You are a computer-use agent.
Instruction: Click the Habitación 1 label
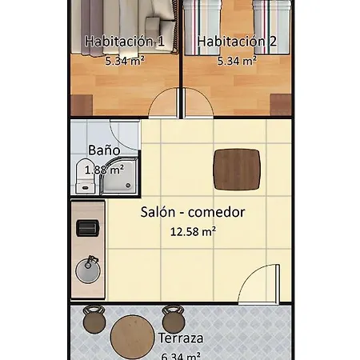125,42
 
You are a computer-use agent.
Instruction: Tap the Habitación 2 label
237,42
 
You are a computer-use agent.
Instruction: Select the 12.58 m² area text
193,231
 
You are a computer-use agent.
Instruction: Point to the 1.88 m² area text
104,170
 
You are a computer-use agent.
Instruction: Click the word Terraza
181,338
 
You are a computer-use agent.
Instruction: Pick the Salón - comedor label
193,212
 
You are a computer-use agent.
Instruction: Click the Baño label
104,150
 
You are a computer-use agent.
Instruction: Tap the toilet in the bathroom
85,176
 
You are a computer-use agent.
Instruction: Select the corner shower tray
119,176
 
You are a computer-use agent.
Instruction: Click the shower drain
128,185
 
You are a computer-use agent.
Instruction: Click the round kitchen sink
88,270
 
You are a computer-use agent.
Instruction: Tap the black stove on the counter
88,228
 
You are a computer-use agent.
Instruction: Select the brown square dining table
237,170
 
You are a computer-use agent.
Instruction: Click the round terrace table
133,338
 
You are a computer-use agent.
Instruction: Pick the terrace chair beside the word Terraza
174,319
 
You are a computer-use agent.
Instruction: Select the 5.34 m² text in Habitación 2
237,61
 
